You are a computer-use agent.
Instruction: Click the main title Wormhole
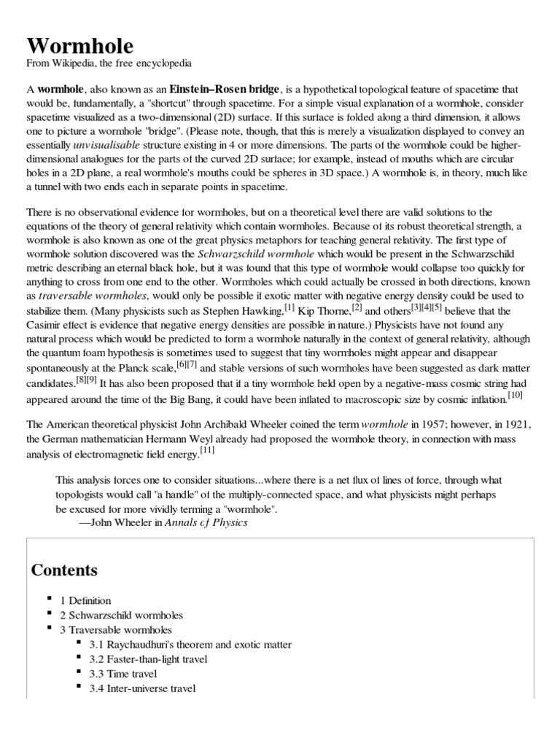point(80,46)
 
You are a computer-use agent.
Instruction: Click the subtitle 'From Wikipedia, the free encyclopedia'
point(109,63)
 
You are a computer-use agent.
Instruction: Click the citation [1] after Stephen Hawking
point(289,307)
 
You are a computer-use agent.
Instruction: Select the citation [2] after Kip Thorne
point(357,307)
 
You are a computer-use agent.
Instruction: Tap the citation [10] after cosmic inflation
point(515,395)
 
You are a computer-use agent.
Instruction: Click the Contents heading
point(64,570)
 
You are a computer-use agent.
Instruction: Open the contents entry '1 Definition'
point(85,601)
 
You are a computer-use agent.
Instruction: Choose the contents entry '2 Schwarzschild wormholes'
point(121,616)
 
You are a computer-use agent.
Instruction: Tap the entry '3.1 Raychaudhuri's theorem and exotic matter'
point(190,645)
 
